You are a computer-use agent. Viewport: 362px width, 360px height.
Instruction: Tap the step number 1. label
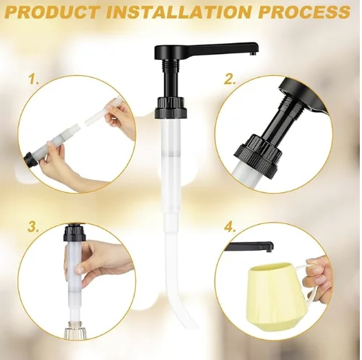click(34, 80)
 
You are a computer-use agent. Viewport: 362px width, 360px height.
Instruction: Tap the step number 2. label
click(230, 80)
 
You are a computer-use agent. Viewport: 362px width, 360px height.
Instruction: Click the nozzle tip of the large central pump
click(252, 53)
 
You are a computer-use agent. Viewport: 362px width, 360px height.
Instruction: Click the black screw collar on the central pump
click(171, 107)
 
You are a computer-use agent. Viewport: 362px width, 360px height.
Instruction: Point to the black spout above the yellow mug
click(251, 247)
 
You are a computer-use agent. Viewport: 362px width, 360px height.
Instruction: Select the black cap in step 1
click(31, 159)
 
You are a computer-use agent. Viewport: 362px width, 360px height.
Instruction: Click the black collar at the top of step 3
click(75, 233)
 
